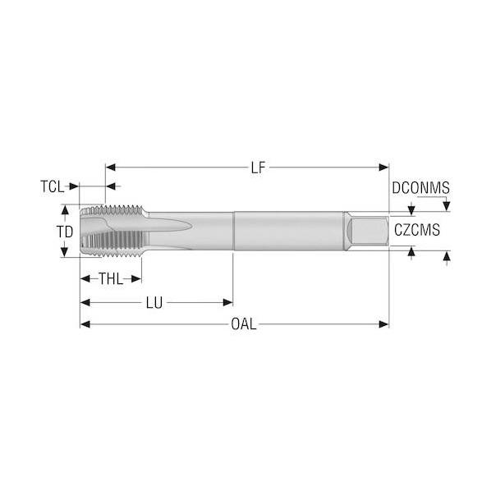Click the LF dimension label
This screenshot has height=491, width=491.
258,167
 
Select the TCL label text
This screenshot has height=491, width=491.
52,187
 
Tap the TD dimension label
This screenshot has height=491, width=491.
65,232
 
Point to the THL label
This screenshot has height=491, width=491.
111,278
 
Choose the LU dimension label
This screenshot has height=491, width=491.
154,303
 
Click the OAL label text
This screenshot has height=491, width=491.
244,324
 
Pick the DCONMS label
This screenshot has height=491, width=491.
420,188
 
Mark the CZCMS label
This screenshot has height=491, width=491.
417,230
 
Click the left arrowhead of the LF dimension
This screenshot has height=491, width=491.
111,167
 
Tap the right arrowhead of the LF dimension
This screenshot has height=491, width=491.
383,167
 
